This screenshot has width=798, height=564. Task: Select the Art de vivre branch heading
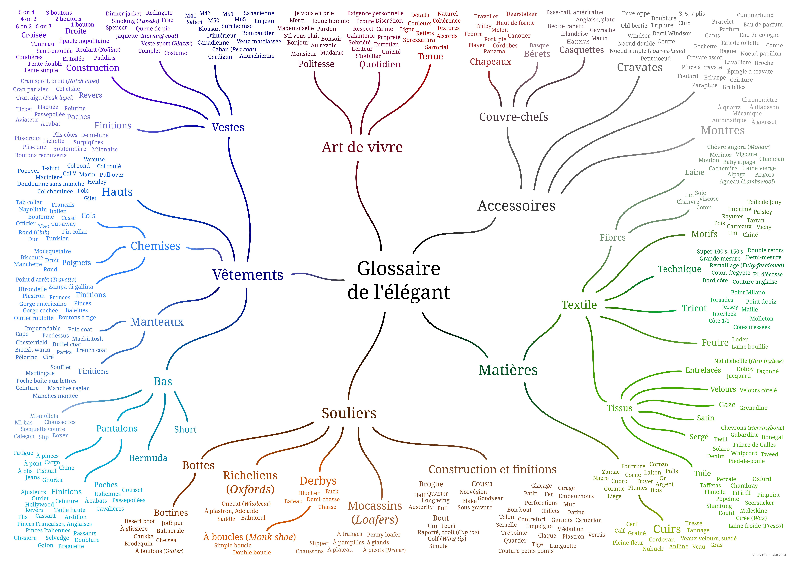[362, 147]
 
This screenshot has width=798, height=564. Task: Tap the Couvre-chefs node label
[513, 117]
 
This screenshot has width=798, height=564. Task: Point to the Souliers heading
[349, 413]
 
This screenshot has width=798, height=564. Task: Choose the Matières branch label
[508, 370]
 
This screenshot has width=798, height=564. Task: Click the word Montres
[723, 130]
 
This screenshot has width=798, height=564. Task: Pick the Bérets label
[537, 54]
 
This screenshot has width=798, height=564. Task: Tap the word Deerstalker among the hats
[521, 14]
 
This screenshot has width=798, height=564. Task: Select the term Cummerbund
[755, 15]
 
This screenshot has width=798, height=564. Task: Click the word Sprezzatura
[419, 40]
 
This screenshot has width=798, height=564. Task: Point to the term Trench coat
[91, 350]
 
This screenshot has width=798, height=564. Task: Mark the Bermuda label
[148, 458]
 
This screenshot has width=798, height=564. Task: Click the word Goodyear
[490, 498]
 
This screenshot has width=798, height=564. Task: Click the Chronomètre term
[759, 100]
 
